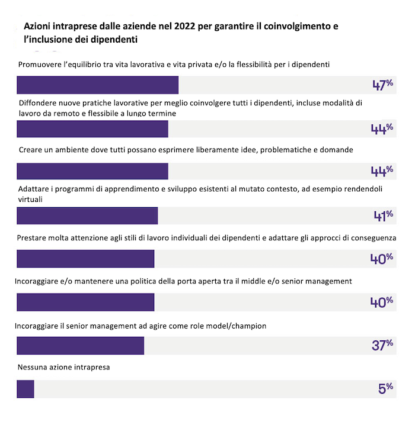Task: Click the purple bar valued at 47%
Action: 98,85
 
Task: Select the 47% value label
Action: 382,85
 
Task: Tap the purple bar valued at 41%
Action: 87,215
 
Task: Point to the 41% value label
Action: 383,215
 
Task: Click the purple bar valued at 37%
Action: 81,345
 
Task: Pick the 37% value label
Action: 382,344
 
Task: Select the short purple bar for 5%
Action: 25,389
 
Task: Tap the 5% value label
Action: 386,388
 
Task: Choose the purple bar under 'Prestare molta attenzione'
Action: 85,259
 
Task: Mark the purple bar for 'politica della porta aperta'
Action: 85,302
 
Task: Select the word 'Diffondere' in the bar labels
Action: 37,102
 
